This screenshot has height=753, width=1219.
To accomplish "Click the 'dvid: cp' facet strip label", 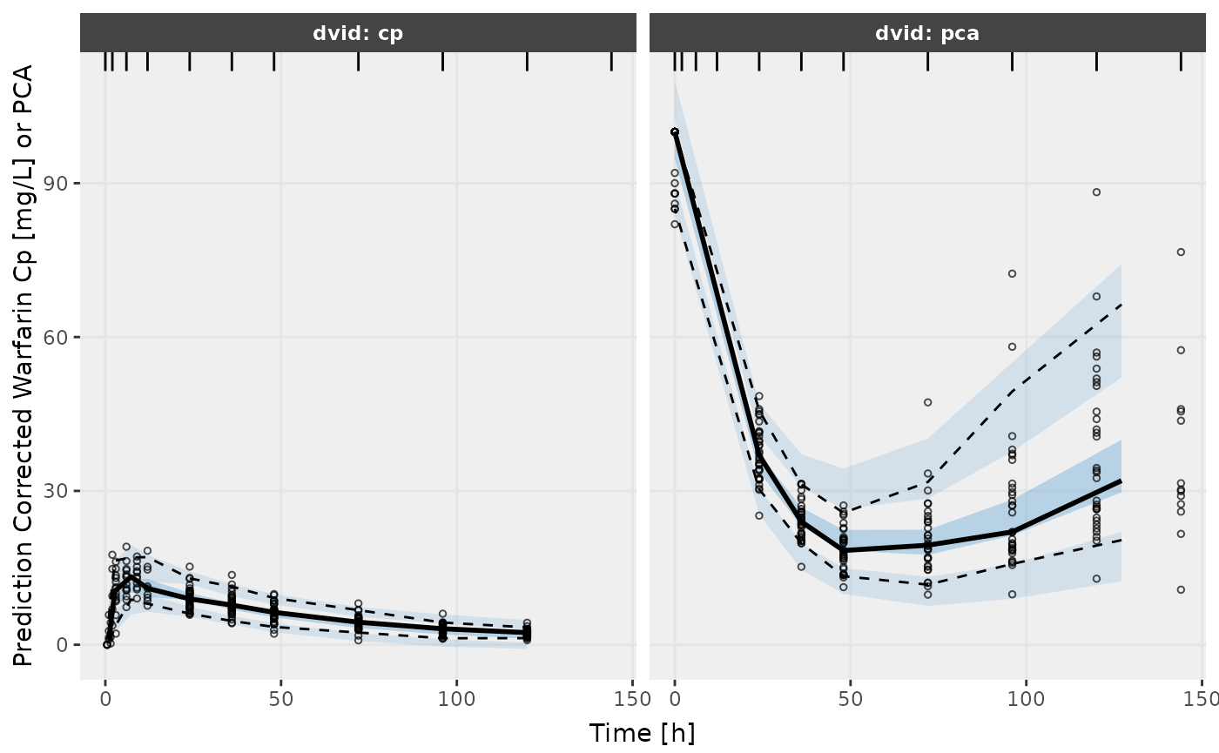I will [x=358, y=34].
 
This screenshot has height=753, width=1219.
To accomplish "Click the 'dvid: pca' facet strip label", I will [x=927, y=34].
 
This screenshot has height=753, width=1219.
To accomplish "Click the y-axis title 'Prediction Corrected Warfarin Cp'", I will [x=24, y=366].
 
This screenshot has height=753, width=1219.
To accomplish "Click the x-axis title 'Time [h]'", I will [x=642, y=733].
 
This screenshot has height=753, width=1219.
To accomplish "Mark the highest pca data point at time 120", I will [x=1096, y=192].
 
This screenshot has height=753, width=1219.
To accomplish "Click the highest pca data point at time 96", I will [x=1012, y=273].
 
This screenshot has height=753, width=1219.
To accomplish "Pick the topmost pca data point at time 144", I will [x=1181, y=252].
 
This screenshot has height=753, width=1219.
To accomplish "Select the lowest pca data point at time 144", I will [x=1181, y=589].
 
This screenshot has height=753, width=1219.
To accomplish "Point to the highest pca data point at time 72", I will [x=928, y=402].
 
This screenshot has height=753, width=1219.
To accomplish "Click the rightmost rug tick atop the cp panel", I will [x=611, y=61].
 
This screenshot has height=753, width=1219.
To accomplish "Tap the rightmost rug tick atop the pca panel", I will [x=1181, y=61].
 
